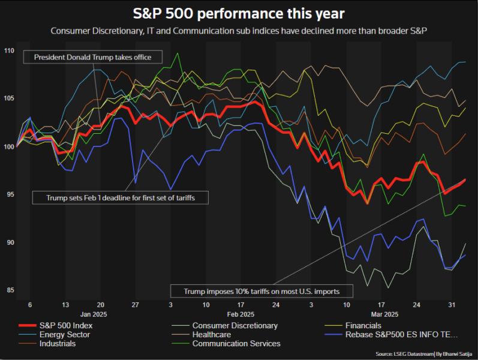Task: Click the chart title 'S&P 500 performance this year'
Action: [x=239, y=13]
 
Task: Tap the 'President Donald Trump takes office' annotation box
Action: [x=92, y=58]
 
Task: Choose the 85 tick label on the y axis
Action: [x=9, y=291]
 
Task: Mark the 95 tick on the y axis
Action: [x=9, y=194]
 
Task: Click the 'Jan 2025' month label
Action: [x=94, y=314]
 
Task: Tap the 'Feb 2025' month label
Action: [x=240, y=314]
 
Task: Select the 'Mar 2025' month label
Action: [x=384, y=314]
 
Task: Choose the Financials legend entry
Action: [x=374, y=325]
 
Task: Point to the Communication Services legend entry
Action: [x=236, y=344]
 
